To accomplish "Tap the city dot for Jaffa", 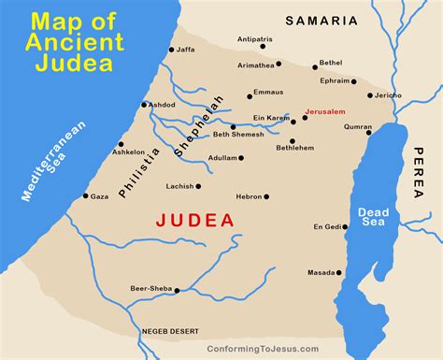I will tap(171, 50).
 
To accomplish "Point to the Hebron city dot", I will tap(266, 196).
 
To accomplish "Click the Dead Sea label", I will tap(370, 216).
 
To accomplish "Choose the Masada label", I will tap(321, 273).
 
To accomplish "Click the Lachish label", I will tap(180, 186).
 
